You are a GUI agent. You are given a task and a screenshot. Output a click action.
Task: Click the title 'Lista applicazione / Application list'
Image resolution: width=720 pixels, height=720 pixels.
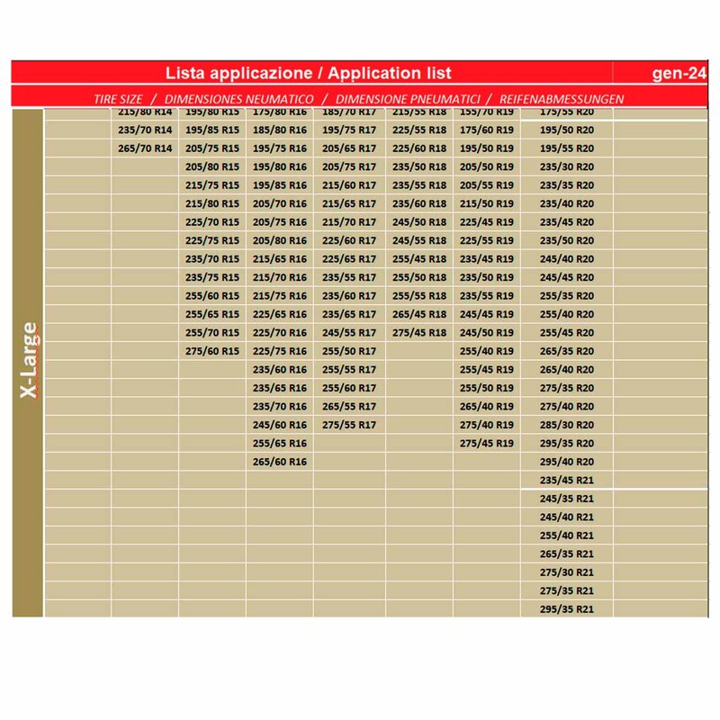pyautogui.click(x=310, y=73)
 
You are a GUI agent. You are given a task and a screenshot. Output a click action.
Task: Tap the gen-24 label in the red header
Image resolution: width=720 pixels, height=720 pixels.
pyautogui.click(x=678, y=73)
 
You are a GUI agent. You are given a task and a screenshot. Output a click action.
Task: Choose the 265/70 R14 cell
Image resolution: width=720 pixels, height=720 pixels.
pyautogui.click(x=145, y=148)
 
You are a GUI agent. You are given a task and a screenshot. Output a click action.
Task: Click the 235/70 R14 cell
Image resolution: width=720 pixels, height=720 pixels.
pyautogui.click(x=145, y=130)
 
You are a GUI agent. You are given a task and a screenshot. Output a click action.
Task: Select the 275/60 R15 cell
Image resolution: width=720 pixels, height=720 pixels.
pyautogui.click(x=212, y=351)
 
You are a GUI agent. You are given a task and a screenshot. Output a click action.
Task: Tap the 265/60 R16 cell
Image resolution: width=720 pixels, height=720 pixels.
pyautogui.click(x=280, y=462)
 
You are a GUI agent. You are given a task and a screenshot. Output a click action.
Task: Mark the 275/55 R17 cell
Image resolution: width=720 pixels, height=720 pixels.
pyautogui.click(x=349, y=425)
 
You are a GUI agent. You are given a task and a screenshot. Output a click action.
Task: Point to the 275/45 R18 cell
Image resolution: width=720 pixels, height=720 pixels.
pyautogui.click(x=419, y=332)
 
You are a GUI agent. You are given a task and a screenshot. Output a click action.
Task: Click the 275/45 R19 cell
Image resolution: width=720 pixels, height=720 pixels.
pyautogui.click(x=487, y=443)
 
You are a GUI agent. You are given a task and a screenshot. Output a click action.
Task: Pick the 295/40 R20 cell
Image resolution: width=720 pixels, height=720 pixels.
pyautogui.click(x=567, y=462)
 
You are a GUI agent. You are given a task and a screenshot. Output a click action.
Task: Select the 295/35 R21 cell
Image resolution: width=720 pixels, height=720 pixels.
pyautogui.click(x=567, y=609)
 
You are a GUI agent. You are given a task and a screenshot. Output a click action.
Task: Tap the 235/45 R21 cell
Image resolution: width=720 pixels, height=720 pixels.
pyautogui.click(x=567, y=480)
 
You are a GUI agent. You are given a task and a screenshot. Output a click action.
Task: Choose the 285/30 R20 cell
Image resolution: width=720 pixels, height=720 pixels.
pyautogui.click(x=567, y=425)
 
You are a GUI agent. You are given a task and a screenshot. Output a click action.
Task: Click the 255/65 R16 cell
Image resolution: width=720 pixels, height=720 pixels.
pyautogui.click(x=280, y=443)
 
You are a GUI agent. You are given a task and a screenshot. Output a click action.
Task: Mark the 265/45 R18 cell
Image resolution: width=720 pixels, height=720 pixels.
pyautogui.click(x=419, y=314)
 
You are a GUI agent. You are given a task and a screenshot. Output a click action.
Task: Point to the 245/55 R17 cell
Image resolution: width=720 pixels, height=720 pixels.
pyautogui.click(x=349, y=332)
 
